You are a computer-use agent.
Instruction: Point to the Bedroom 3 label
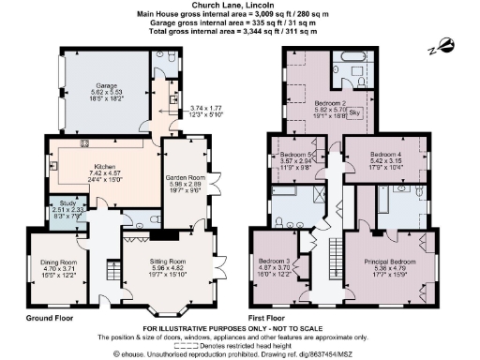[276, 263]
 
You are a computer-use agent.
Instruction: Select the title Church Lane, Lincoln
[239, 6]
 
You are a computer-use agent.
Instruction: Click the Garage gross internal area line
[239, 22]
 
